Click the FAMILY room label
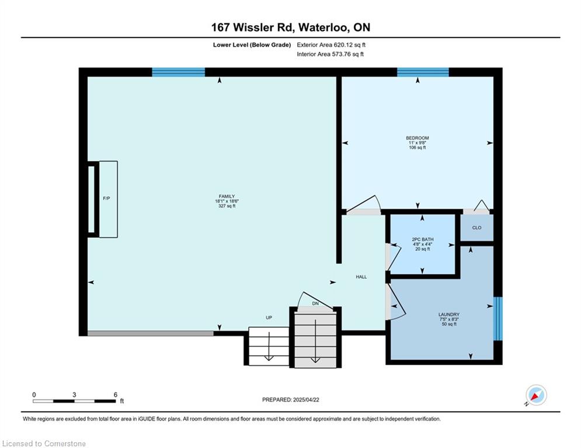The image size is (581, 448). [227, 197]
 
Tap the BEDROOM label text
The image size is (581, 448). [418, 138]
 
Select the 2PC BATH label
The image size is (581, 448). [422, 240]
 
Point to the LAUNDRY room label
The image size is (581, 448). [448, 315]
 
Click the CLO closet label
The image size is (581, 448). [477, 228]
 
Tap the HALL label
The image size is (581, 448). [361, 277]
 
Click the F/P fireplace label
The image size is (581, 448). [106, 198]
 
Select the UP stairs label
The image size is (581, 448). [269, 318]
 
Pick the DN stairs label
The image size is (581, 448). [315, 303]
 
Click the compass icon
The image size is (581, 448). [536, 395]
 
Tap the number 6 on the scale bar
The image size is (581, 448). [116, 395]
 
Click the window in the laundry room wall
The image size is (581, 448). [498, 318]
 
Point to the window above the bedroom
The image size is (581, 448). [423, 72]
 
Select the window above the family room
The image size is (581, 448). [179, 72]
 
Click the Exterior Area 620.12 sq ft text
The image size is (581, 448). [331, 45]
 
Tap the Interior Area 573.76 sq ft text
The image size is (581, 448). [330, 54]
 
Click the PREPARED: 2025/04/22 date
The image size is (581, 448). [291, 400]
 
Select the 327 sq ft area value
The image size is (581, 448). [227, 206]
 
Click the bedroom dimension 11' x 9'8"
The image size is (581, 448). [418, 143]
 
